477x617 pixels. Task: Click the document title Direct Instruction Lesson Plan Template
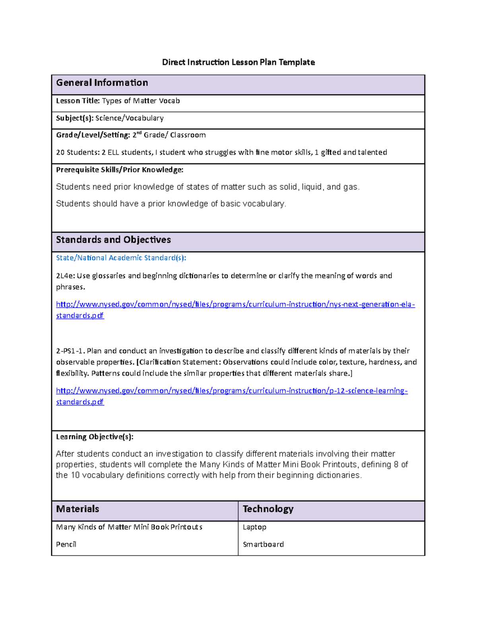point(238,62)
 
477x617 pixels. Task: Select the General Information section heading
point(102,83)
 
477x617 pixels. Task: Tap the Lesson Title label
point(78,101)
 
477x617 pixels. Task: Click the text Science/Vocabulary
point(129,118)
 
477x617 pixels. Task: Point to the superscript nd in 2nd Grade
point(139,133)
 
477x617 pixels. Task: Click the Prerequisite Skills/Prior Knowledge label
point(120,170)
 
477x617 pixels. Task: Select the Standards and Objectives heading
point(113,240)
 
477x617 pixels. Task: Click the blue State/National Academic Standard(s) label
point(121,258)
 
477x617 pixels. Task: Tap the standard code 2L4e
point(65,276)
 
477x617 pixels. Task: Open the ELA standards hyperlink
point(235,305)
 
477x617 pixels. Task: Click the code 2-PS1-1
point(70,351)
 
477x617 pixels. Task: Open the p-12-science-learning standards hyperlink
point(232,391)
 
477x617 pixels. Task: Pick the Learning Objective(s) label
point(95,437)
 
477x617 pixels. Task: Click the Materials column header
point(78,509)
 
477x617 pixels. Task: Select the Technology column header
point(268,509)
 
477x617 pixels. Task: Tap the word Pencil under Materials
point(66,545)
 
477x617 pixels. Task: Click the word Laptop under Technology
point(254,527)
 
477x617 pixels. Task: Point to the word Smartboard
point(263,545)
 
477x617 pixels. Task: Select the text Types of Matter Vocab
point(141,101)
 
